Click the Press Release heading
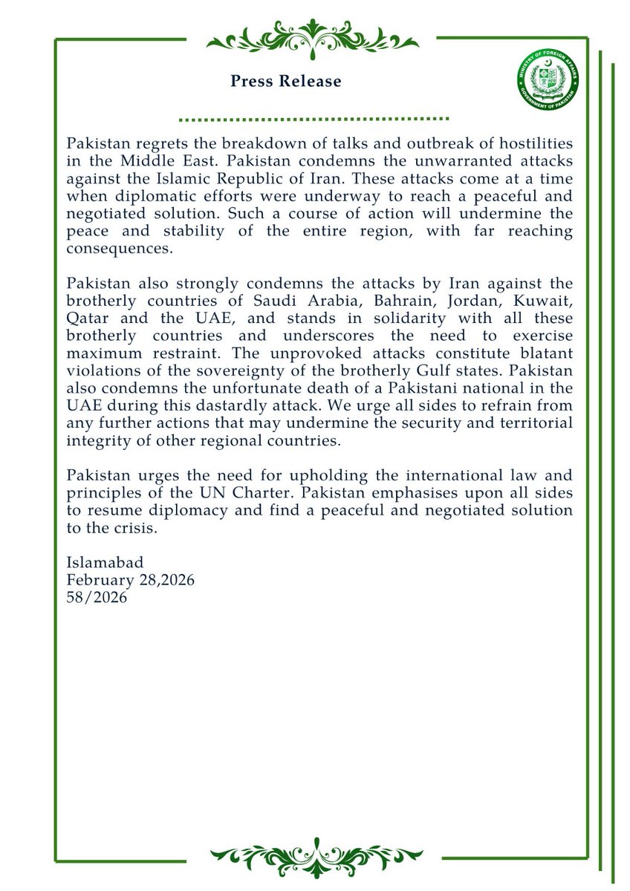pyautogui.click(x=286, y=82)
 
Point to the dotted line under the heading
pyautogui.click(x=314, y=119)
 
